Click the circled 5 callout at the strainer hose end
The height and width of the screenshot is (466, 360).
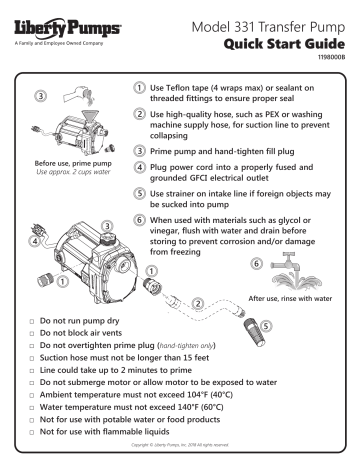pos(265,327)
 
